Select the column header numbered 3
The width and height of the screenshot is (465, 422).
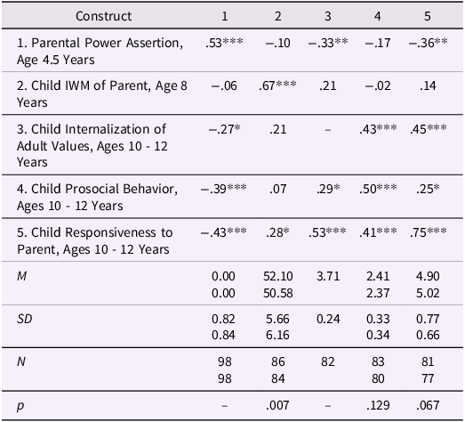coord(328,16)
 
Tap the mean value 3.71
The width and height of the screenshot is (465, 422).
coord(328,277)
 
